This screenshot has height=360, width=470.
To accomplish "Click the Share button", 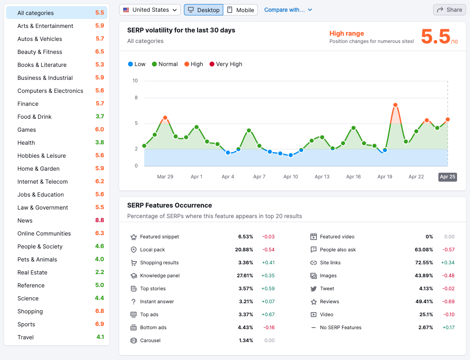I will tap(449, 10).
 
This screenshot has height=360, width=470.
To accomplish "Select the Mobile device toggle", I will tap(241, 10).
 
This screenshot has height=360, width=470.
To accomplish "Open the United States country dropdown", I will tap(150, 10).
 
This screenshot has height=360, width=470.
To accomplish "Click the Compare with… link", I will tap(288, 10).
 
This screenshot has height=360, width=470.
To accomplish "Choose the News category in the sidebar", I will tap(25, 221).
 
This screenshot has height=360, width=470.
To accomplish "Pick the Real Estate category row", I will tap(32, 272).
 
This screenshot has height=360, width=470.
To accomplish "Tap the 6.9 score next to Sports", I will tap(100, 324).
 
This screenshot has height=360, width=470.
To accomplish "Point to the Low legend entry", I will tap(137, 64).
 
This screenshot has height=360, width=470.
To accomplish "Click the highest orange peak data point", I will tap(395, 105).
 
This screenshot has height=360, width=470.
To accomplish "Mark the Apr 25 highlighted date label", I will tap(448, 177).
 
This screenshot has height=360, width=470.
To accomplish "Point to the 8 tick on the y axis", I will tap(136, 98).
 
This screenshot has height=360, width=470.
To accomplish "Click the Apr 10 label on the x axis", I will tap(291, 177).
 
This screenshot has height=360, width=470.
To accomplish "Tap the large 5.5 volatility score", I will tap(436, 36).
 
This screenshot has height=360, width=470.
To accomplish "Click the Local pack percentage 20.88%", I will tap(244, 250).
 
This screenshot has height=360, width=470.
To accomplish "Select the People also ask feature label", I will tap(338, 250).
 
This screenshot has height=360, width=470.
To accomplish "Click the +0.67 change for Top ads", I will tap(268, 315).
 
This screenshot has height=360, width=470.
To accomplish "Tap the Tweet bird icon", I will tap(313, 289).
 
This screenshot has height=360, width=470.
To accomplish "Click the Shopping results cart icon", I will tap(134, 263).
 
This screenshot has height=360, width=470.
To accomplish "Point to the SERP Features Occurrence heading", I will tap(169, 205).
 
